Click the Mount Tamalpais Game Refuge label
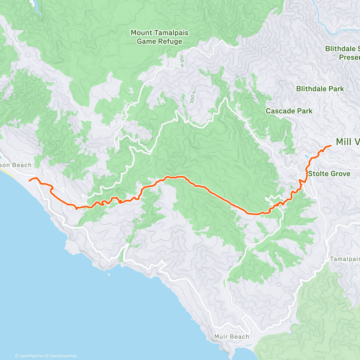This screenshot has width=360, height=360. pyautogui.click(x=160, y=37)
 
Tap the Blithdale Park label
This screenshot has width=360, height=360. pyautogui.click(x=320, y=89)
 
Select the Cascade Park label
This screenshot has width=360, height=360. pyautogui.click(x=289, y=111)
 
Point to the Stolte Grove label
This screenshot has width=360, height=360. pyautogui.click(x=329, y=174)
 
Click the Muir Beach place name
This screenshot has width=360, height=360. pyautogui.click(x=232, y=337)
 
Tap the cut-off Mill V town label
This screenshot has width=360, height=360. pyautogui.click(x=347, y=142)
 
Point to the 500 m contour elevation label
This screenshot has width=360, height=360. pyautogui.click(x=193, y=97)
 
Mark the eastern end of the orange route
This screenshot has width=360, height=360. pyautogui.click(x=331, y=145)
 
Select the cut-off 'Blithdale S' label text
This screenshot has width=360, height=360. pyautogui.click(x=342, y=49)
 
